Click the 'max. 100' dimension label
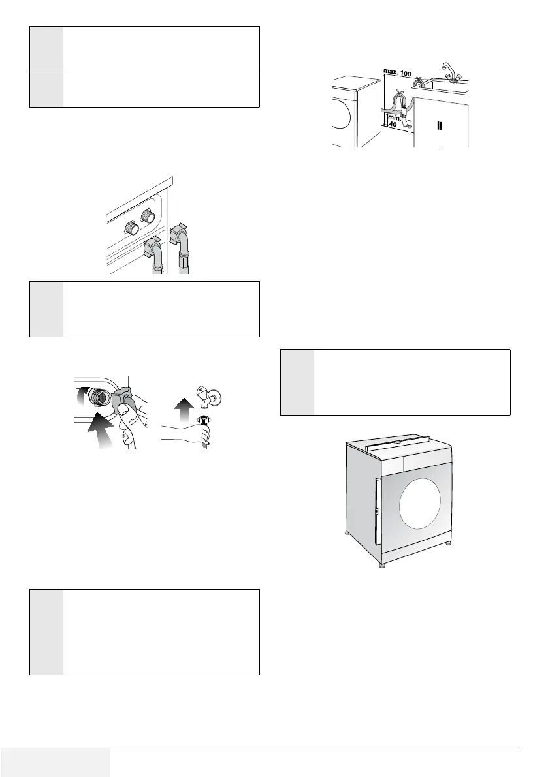(398, 74)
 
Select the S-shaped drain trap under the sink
(408, 124)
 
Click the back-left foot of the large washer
(347, 535)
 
